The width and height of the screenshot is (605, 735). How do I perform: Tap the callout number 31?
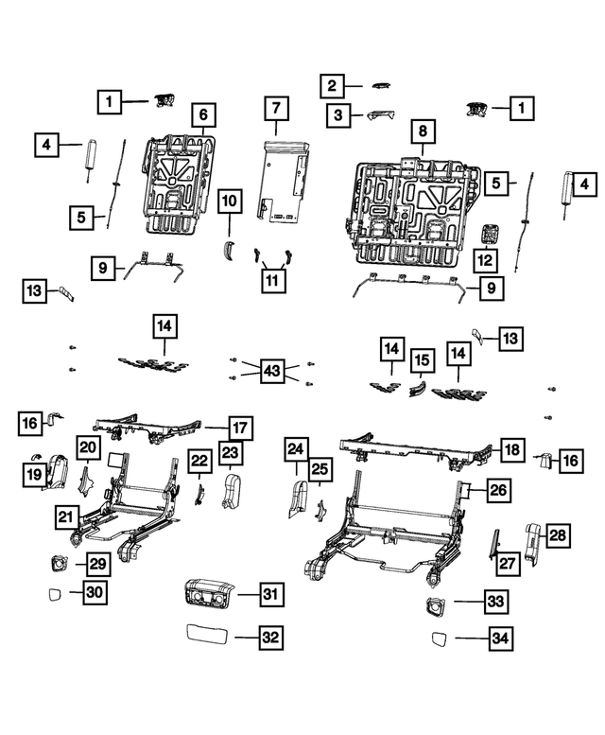[x=270, y=594]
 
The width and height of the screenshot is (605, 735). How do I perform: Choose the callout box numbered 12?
[x=484, y=260]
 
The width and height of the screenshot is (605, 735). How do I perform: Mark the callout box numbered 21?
[x=65, y=517]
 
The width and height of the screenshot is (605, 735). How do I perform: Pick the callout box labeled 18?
[x=511, y=451]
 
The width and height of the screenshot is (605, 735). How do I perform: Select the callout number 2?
[x=332, y=86]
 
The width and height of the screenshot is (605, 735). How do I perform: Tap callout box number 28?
[x=559, y=536]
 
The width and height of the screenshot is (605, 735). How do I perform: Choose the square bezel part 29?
[x=58, y=563]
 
